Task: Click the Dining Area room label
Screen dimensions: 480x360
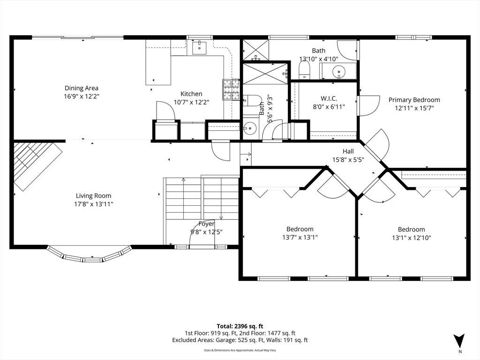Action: click(82, 88)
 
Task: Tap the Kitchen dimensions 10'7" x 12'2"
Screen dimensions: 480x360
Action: click(191, 102)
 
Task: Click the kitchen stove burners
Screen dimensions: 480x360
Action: click(231, 90)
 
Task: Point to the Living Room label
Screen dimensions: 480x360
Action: click(94, 195)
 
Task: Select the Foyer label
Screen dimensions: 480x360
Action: click(207, 224)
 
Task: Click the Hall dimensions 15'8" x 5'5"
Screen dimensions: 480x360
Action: click(348, 159)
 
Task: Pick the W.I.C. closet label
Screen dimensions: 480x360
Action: click(329, 98)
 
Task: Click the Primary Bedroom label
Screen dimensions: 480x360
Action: click(414, 100)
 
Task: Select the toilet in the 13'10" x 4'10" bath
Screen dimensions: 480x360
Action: click(305, 70)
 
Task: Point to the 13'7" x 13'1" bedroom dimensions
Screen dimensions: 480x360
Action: click(300, 237)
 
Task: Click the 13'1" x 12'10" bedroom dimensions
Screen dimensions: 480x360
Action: click(412, 238)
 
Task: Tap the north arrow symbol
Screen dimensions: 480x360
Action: click(459, 341)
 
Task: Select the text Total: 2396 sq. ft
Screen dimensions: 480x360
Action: click(240, 326)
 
